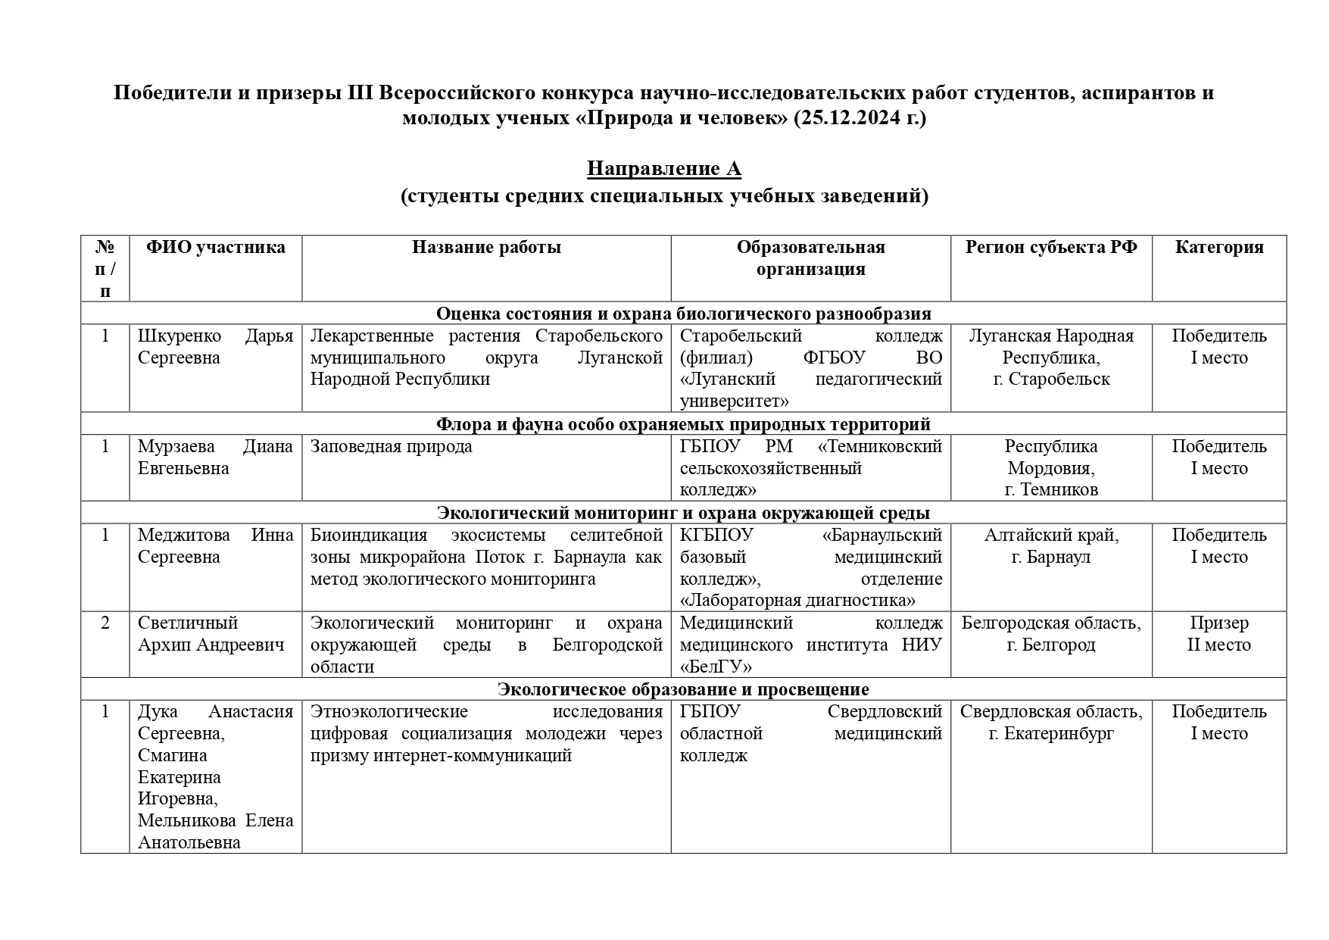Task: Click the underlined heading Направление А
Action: [663, 168]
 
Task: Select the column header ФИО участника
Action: [216, 248]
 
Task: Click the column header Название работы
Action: [486, 248]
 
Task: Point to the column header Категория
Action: [1219, 248]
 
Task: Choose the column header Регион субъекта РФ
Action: [1051, 248]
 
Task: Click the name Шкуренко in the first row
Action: [179, 336]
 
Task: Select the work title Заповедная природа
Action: [391, 447]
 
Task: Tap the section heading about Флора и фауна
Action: [683, 424]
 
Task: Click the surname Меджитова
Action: [183, 536]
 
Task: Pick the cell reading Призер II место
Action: [1219, 634]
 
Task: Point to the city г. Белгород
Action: [1051, 645]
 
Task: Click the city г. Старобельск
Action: [1051, 379]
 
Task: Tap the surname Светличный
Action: [188, 623]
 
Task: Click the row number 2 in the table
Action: [105, 623]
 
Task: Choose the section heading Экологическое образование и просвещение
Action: [683, 689]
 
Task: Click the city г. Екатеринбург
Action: [1051, 734]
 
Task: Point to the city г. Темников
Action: [1051, 490]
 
